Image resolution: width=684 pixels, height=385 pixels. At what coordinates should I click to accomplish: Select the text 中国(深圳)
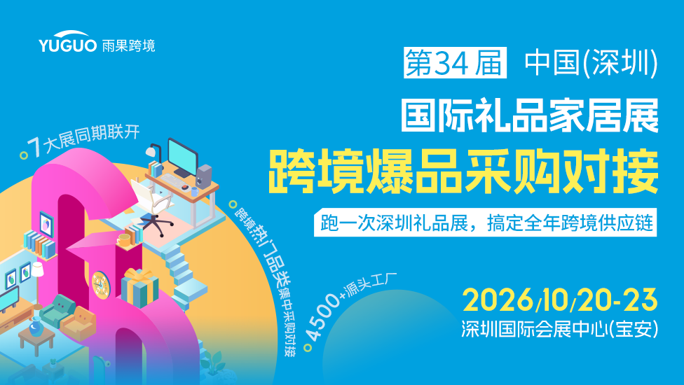pos(591,63)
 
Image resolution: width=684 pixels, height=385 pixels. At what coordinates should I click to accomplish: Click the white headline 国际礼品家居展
pos(530,115)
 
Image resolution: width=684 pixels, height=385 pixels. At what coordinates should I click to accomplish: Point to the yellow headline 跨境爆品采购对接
pos(463,171)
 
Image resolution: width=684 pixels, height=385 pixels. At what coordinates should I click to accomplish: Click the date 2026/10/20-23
pos(560,300)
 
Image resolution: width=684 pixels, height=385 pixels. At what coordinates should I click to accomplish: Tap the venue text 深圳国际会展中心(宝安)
pos(560,329)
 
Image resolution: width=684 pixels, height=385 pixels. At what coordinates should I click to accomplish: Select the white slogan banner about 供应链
pos(485,223)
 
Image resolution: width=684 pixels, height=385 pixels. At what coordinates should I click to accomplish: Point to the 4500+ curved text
pos(322,317)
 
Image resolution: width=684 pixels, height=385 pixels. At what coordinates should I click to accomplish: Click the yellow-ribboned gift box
pos(139,288)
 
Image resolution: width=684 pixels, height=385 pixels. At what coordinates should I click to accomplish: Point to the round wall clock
pos(100,286)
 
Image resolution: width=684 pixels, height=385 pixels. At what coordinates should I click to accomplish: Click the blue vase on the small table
pos(36,325)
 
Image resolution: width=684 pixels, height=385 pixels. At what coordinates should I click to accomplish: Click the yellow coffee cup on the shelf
pos(123,239)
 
